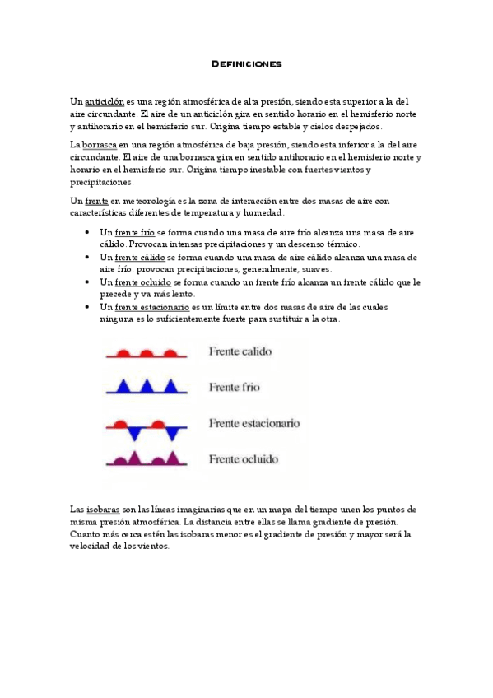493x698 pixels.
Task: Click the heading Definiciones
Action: (246, 63)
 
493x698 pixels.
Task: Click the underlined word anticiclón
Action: (104, 101)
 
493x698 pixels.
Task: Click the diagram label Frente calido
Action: (240, 351)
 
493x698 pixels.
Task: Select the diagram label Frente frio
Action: (235, 386)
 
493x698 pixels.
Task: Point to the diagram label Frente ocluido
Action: (244, 458)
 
